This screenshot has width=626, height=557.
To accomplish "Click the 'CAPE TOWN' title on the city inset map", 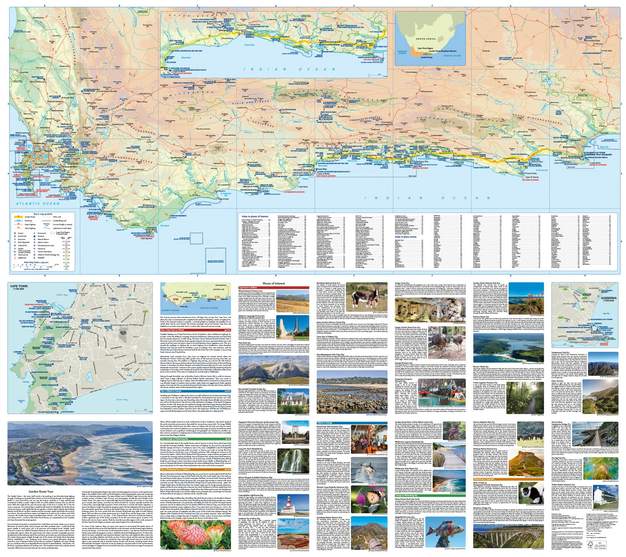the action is click(19, 286).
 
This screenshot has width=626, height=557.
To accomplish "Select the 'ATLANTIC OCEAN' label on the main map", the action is click(38, 204).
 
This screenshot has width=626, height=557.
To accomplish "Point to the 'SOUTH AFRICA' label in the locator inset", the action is click(426, 39).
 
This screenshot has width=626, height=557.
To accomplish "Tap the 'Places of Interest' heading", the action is click(273, 283).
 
